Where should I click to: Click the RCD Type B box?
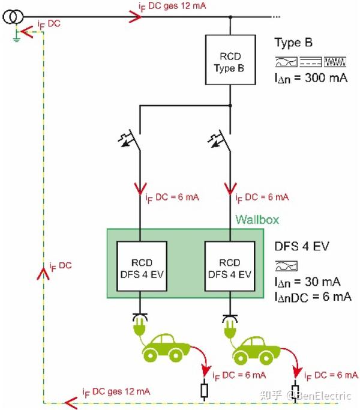tap(230, 60)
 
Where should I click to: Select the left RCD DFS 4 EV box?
tap(142, 266)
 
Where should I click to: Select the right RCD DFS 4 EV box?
tap(230, 266)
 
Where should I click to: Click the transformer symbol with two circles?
tap(13, 17)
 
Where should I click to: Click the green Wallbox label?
tap(257, 219)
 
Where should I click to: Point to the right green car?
tap(256, 351)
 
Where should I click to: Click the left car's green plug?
tap(140, 327)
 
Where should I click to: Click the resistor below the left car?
tap(204, 391)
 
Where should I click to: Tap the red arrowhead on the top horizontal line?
tap(136, 17)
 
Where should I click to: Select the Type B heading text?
tap(293, 43)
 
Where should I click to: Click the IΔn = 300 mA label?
tap(311, 78)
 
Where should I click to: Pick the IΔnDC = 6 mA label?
tap(313, 297)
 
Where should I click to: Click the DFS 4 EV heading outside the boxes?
tap(302, 246)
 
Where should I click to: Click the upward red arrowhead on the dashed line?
tap(43, 273)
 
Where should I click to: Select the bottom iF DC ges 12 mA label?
tap(116, 392)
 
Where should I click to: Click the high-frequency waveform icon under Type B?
tap(335, 62)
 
